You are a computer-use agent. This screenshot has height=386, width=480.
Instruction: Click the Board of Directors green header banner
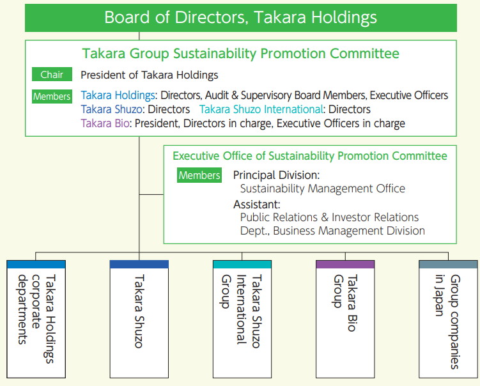point(240,17)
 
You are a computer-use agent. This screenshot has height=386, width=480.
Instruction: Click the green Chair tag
point(52,75)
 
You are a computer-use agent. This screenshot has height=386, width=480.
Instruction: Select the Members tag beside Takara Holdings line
point(52,96)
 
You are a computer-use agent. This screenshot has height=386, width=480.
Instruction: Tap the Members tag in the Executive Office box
point(199,175)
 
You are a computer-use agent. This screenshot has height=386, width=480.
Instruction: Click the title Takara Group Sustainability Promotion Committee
point(240,54)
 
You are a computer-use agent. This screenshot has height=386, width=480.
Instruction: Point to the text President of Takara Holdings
point(149,75)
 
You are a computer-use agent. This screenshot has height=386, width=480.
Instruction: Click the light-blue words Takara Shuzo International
point(260,110)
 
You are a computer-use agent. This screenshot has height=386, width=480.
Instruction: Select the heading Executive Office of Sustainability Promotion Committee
point(310,156)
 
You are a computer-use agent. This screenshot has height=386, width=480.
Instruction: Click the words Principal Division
point(276,175)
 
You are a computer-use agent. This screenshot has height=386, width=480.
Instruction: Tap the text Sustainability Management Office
point(322,189)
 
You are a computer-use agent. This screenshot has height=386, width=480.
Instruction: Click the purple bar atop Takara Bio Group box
point(345,264)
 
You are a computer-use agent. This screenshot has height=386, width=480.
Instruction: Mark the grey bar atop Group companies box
point(448,264)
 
